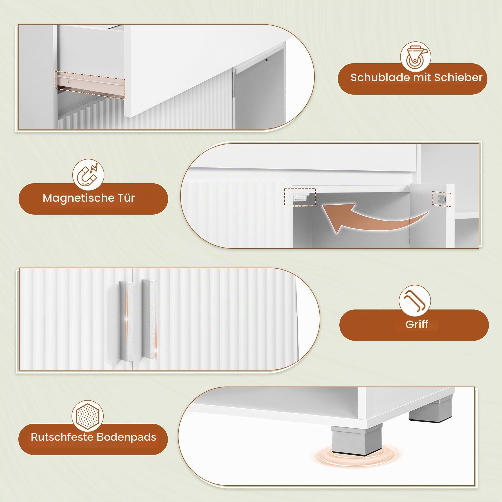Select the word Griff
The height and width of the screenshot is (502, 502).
pos(417,324)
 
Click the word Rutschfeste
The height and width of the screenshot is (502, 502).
pos(62,437)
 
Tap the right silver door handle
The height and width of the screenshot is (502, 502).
pos(149,319)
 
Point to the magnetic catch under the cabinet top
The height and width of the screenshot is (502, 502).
pos(300,197)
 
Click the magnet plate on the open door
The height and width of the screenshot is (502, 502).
pos(442,199)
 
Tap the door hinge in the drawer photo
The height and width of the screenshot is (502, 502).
pos(234,83)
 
